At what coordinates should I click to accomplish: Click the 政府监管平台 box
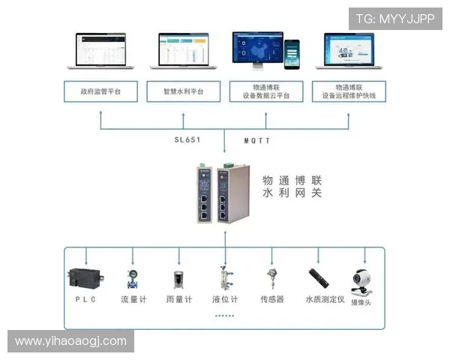(x=100, y=91)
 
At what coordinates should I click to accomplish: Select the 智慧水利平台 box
(x=184, y=91)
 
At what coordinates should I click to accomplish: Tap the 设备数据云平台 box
(x=266, y=91)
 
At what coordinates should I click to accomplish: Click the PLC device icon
(x=82, y=277)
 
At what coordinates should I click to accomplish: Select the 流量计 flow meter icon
(x=133, y=278)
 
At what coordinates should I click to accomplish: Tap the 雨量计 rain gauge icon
(x=180, y=278)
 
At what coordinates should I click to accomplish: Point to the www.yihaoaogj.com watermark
(x=71, y=341)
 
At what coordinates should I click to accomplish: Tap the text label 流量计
(x=135, y=300)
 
